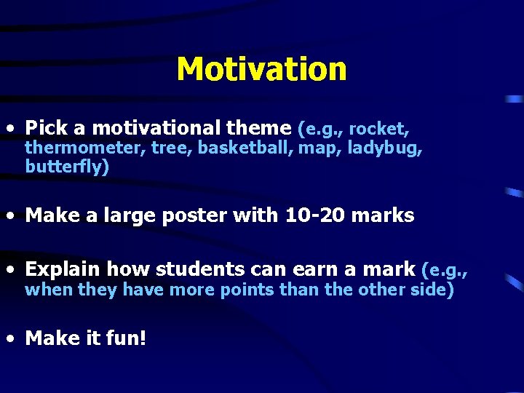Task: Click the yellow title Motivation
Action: coord(261,69)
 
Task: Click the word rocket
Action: coord(379,130)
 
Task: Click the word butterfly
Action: coord(65,167)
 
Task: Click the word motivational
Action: coord(156,129)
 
